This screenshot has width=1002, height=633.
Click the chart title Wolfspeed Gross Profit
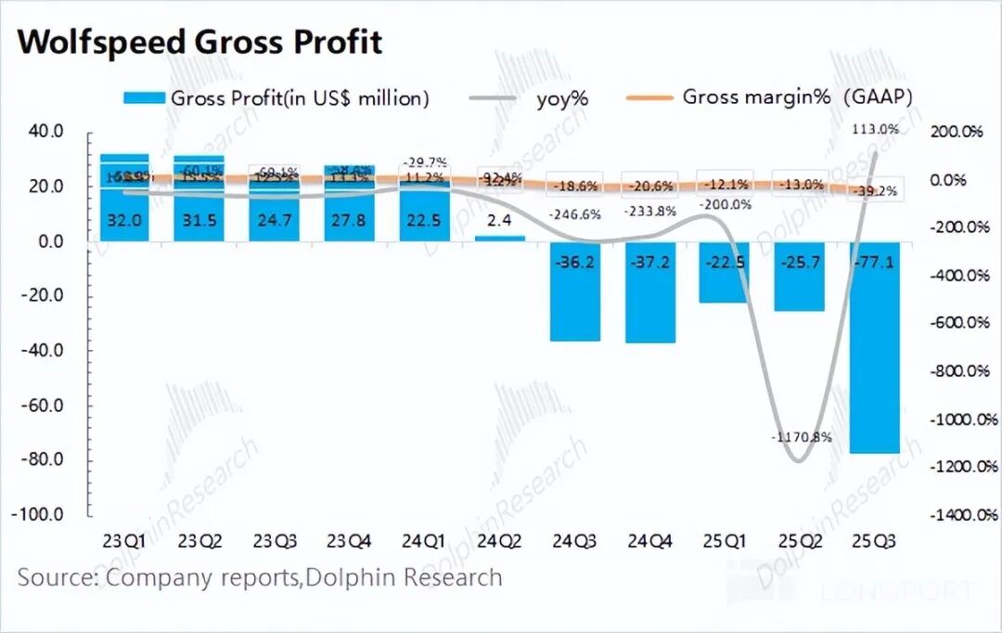pos(199,42)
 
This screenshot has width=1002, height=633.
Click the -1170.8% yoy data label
pos(802,436)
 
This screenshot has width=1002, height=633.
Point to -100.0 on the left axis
pos(41,515)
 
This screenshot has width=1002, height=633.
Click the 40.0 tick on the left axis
pos(45,132)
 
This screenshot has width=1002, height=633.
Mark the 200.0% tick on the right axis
pos(955,132)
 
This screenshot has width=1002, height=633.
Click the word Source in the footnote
pos(56,577)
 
